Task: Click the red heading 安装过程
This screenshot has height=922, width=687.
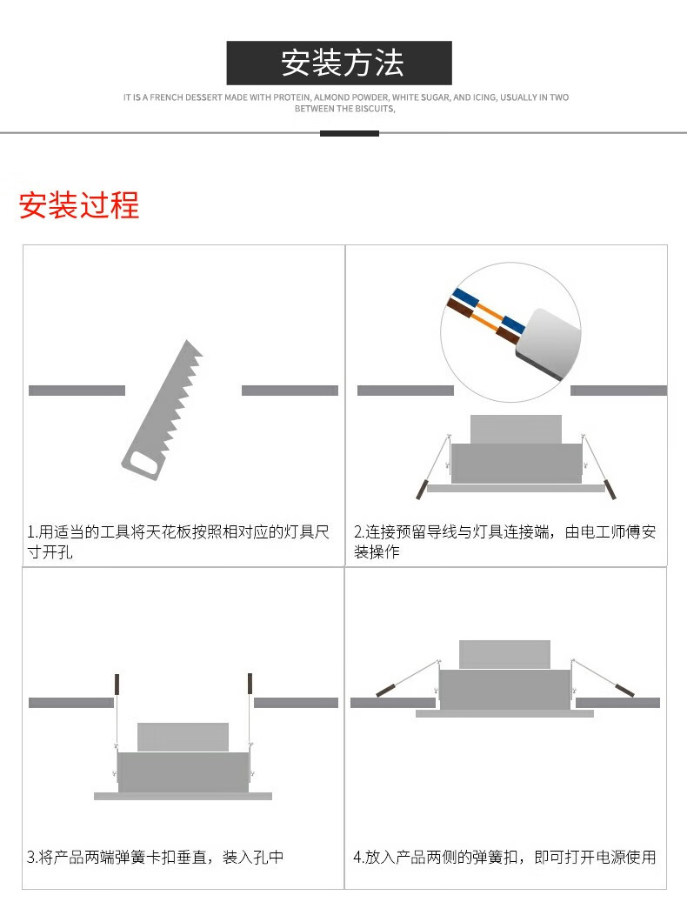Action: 79,205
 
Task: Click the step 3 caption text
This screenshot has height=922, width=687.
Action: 156,858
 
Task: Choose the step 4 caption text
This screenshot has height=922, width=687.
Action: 504,858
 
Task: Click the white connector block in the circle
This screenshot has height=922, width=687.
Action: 548,344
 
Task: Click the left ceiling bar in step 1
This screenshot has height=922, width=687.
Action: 77,391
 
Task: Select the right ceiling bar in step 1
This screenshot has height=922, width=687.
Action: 290,391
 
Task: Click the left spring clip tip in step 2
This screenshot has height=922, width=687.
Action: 421,489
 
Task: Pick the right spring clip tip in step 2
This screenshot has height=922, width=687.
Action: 610,489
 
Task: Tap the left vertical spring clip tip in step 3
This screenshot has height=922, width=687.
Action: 117,684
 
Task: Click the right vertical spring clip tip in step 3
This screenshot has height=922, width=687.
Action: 250,684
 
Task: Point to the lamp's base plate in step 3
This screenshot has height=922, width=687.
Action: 183,796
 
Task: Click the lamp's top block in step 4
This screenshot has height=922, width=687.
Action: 504,654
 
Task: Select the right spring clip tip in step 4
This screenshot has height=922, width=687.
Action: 625,691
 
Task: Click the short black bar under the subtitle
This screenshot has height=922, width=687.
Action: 349,134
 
